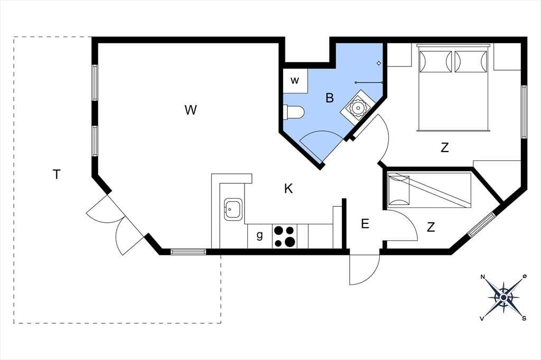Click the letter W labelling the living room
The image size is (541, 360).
coord(190,110)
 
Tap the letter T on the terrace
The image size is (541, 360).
coord(57,175)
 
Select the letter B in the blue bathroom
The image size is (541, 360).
coord(330,98)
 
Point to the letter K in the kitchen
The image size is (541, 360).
coord(288,188)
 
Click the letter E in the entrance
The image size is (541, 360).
coord(365,224)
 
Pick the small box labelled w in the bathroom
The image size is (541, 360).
coord(295,81)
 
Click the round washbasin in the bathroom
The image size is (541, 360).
coord(359,108)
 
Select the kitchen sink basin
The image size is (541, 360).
coord(233,210)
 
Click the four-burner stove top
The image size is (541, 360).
coord(285,236)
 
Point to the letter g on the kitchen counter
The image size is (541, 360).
coord(260,235)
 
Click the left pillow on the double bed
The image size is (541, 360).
coord(435,62)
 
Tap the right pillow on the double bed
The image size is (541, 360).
coord(471,62)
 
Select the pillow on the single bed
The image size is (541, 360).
coord(398,191)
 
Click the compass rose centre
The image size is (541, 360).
coord(503,297)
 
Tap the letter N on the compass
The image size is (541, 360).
coord(483,277)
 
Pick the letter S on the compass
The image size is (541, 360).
coord(524,318)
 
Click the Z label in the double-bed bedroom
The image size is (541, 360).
coord(445,148)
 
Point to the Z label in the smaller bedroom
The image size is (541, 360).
coord(431,227)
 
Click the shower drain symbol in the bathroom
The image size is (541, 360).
coord(379,63)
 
